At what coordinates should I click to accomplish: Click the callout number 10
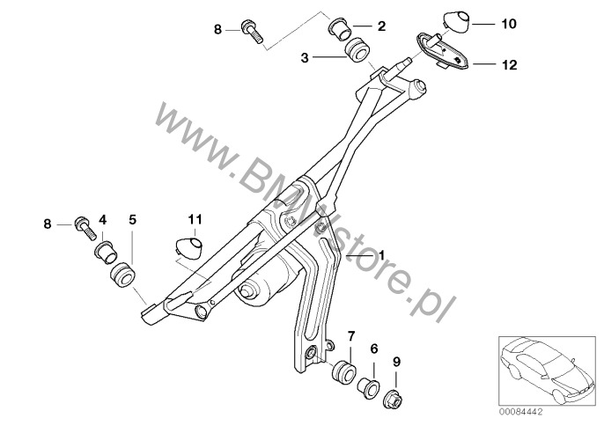click(x=509, y=24)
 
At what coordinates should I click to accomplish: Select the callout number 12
click(x=509, y=65)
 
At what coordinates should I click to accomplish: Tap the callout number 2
click(x=381, y=26)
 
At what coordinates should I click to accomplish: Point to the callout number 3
click(x=305, y=58)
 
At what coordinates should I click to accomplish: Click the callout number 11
click(x=195, y=220)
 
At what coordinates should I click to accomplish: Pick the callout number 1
click(x=382, y=255)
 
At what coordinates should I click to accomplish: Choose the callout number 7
click(x=351, y=336)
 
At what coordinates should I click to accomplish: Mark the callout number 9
click(x=396, y=362)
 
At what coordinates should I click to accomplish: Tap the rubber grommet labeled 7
click(x=343, y=371)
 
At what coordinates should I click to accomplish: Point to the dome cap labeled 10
click(x=457, y=23)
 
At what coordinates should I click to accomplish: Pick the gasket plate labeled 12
click(x=443, y=52)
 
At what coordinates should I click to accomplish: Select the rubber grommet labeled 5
click(x=122, y=275)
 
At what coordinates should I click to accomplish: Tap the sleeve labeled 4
click(x=105, y=251)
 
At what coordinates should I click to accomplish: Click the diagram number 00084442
click(x=521, y=412)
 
